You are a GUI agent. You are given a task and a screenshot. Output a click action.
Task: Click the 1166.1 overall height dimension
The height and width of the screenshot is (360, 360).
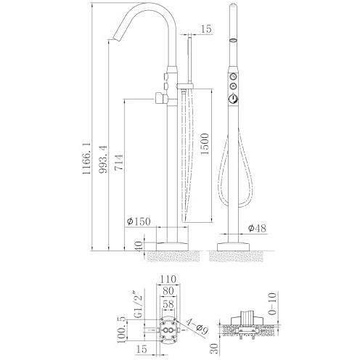click(86, 158)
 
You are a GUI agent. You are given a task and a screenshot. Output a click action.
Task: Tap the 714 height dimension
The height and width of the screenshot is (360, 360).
click(119, 163)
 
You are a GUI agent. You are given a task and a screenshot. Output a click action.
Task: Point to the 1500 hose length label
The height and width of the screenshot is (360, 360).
click(204, 144)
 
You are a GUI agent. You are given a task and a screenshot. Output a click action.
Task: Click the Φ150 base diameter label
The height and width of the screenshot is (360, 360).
click(139, 221)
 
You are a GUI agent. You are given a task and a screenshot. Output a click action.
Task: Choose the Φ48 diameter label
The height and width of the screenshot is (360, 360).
click(257, 228)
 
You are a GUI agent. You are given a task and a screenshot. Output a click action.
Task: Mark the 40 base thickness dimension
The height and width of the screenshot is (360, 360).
click(139, 246)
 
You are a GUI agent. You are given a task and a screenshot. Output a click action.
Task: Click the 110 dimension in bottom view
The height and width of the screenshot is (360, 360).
click(168, 279)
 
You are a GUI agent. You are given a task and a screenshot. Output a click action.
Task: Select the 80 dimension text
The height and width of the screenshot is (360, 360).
click(168, 291)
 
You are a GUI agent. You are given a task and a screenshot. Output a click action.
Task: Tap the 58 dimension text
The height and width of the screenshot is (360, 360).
click(168, 304)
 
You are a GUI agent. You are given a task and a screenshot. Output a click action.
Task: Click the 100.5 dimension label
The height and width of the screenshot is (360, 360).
click(122, 330)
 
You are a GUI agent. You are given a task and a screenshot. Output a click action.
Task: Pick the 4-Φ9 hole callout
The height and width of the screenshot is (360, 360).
click(197, 327)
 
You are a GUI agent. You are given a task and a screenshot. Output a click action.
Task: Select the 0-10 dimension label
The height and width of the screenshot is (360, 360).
click(272, 303)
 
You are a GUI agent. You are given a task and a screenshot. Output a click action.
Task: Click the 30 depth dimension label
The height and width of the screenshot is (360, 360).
click(214, 348)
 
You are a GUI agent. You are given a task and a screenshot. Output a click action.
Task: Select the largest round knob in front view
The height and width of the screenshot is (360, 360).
click(234, 99)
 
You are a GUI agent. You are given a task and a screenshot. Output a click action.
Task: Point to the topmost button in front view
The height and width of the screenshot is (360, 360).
click(234, 77)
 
